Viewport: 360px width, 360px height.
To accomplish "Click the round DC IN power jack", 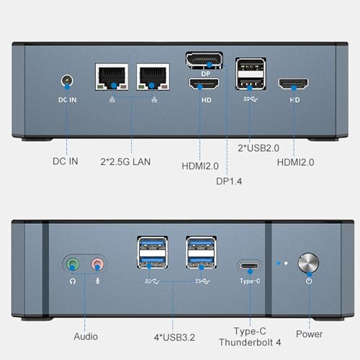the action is tap(67, 81).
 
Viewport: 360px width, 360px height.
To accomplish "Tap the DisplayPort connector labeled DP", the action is tap(204, 60).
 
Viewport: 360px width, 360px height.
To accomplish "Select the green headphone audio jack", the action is tap(73, 264).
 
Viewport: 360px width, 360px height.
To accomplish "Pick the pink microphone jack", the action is tap(97, 264).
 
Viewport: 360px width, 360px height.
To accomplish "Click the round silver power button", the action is tap(308, 263).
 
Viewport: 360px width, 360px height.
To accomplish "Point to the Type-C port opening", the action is tap(250, 266).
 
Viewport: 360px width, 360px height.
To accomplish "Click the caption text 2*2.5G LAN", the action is tap(125, 162).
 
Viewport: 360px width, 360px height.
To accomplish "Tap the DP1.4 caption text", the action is tap(229, 181).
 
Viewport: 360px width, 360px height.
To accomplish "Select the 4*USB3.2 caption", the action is tap(174, 338).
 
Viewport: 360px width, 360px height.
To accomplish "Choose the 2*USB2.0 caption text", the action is tap(258, 148).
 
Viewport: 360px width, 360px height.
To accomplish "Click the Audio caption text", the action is tap(86, 336).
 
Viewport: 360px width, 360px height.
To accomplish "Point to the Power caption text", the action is tap(309, 334).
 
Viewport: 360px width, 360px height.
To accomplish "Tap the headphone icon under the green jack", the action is tap(73, 281).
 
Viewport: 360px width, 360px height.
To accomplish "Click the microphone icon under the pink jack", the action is tap(98, 281).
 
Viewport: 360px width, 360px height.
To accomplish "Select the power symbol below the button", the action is tap(309, 281).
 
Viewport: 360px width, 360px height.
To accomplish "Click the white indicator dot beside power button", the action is tap(286, 264).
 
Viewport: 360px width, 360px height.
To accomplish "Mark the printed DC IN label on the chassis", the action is tap(68, 100).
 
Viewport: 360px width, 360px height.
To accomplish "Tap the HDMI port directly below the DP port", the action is tap(204, 84).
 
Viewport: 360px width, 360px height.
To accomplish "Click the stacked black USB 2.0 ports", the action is tap(251, 73).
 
